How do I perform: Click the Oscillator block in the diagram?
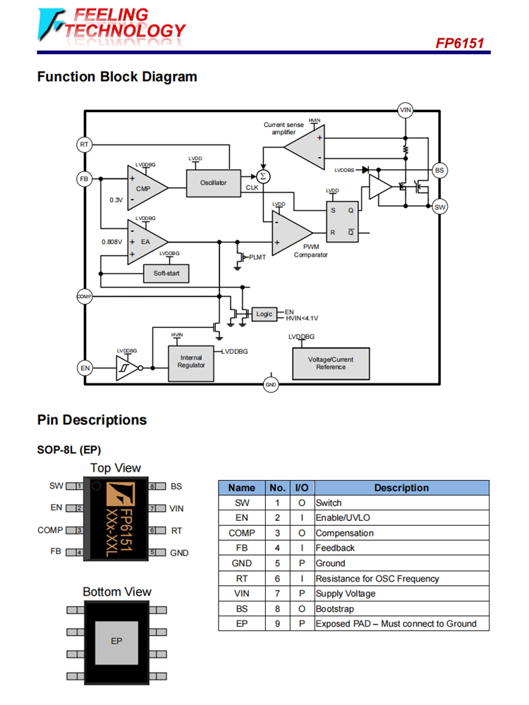point(213,183)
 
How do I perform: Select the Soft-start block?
point(166,273)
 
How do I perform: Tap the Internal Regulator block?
point(191,362)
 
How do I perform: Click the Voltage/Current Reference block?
point(331,362)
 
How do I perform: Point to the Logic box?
point(264,314)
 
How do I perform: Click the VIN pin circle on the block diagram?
point(405,110)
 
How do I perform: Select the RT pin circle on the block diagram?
point(85,145)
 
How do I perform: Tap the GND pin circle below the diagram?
point(271,385)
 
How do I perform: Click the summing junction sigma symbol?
point(263,176)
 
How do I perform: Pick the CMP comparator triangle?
point(145,188)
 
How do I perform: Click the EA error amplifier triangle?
point(145,241)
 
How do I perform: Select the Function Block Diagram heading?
point(117,77)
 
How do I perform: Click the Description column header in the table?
point(401,487)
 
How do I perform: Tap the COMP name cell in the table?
point(241,533)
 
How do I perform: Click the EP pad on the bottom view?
point(117,640)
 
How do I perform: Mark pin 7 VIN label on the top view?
point(176,508)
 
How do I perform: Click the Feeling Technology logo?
point(113,24)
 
